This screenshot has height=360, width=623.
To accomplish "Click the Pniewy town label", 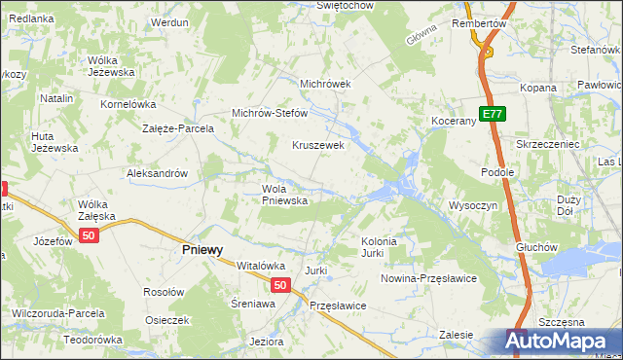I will click(203, 249).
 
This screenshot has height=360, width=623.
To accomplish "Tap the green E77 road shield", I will click(493, 114).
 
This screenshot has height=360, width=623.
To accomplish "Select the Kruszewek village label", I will click(319, 145).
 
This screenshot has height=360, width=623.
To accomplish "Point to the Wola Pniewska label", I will click(284, 195).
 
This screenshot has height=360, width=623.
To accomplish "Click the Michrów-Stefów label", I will click(269, 113).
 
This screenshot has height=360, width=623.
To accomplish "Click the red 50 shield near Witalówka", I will click(279, 285).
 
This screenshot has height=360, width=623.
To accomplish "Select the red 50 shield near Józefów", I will click(90, 236).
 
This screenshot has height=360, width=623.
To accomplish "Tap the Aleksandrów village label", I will click(157, 173).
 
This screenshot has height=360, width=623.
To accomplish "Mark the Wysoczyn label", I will click(473, 205).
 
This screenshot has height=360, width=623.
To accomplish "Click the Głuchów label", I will click(537, 247).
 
